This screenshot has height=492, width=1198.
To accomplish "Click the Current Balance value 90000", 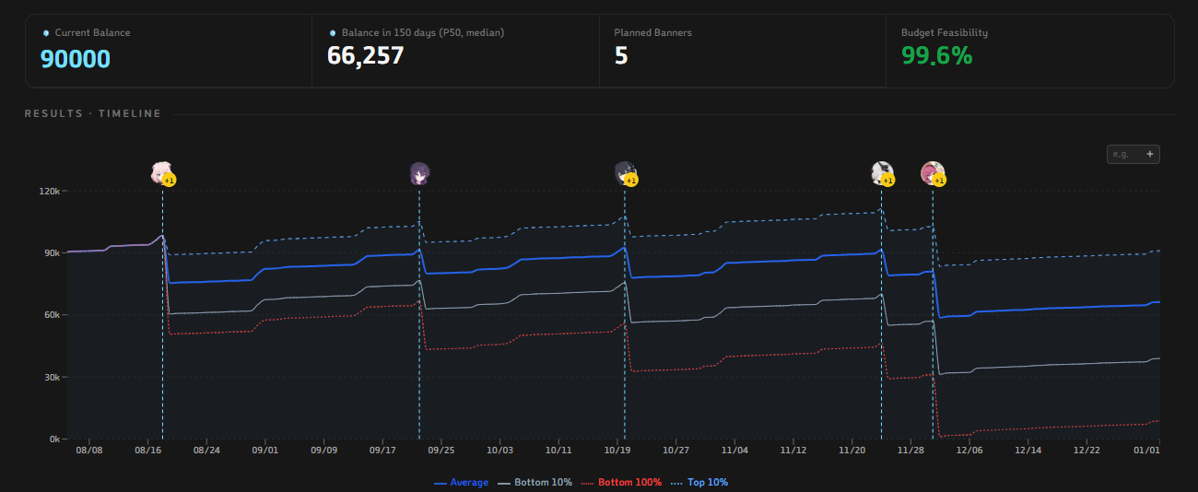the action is (x=76, y=59).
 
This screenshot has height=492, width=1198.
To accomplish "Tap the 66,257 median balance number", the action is (x=365, y=55).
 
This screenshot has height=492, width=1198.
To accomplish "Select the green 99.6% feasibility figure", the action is (x=937, y=55).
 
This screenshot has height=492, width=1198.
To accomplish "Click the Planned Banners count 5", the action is (x=621, y=55).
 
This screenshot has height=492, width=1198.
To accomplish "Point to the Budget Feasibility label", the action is (x=945, y=32).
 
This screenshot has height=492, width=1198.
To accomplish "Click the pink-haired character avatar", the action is (x=161, y=172).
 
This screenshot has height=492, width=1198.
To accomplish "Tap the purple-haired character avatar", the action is (x=419, y=174).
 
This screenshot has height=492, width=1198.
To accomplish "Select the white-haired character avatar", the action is (x=881, y=172).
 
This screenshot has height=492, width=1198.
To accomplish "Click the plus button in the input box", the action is (x=1150, y=154).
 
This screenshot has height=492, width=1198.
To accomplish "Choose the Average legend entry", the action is (x=461, y=483).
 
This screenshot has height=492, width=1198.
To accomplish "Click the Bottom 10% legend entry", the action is (x=534, y=483).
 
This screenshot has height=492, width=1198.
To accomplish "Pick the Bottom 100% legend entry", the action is (x=621, y=483).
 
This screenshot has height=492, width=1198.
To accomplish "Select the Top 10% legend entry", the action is (x=699, y=483).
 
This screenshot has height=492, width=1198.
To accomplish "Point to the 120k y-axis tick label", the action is (x=49, y=191).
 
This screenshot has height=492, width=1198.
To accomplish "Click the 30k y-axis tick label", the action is (x=52, y=377).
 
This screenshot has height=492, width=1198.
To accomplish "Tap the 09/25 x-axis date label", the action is (x=441, y=451).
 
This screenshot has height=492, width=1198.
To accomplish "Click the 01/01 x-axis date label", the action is (x=1146, y=451).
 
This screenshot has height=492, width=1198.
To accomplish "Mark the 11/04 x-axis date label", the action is (x=734, y=451).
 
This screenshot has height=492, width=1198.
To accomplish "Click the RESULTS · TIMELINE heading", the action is (x=93, y=113).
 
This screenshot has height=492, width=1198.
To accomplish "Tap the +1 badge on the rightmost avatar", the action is (x=939, y=181).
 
